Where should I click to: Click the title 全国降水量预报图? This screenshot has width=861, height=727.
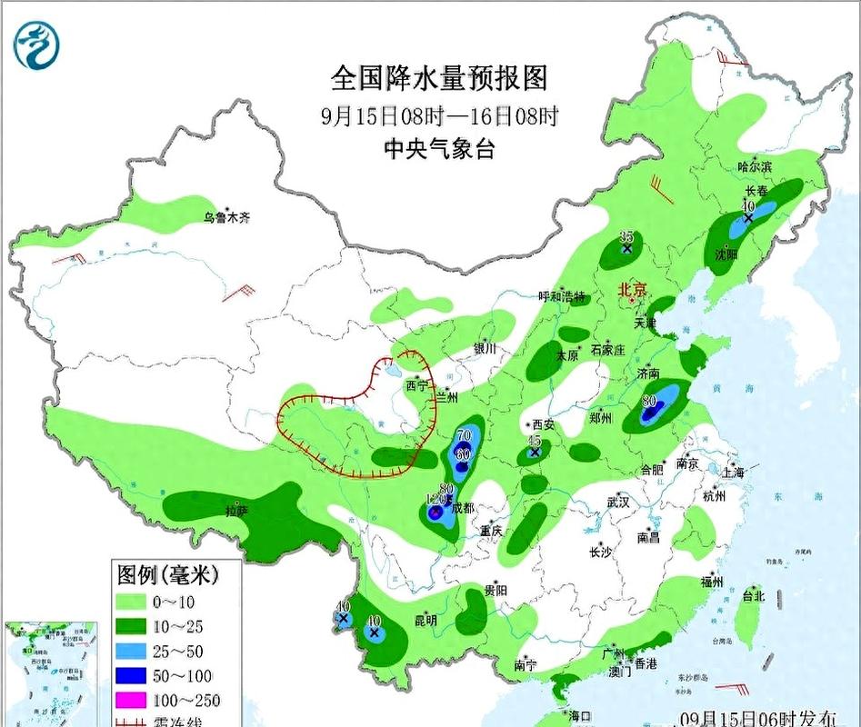coord(439,78)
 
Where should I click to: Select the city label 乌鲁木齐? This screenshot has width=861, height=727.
coord(225,218)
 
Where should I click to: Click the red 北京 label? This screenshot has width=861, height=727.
coord(632,290)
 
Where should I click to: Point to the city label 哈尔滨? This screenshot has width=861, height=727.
coord(754,167)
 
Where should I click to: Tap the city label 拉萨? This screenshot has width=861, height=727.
coord(235,512)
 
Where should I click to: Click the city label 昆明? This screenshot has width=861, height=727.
coord(425,621)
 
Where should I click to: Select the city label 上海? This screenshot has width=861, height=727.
coord(732,473)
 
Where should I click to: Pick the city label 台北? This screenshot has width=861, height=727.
coord(754,597)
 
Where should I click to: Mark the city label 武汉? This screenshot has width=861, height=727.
coord(619,501)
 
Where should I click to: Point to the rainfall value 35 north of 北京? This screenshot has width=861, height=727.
coord(626,236)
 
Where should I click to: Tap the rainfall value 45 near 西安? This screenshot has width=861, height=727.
coord(535,440)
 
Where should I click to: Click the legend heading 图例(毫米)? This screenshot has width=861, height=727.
coord(164,574)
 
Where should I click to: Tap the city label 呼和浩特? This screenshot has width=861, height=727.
coord(562,297)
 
